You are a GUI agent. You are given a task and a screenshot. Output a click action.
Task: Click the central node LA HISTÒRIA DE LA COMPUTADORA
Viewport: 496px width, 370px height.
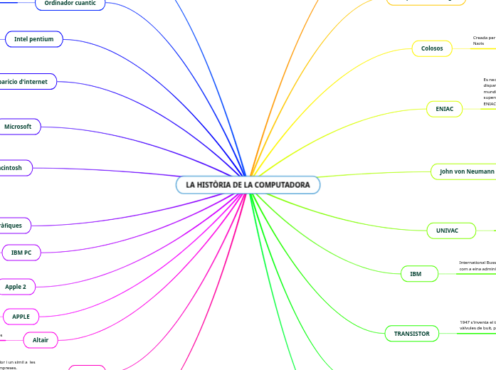pos(248,185)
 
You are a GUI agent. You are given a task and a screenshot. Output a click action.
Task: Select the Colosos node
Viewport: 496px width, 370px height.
pos(432,48)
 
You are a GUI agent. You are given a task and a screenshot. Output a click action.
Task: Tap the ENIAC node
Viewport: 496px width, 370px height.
pos(444,109)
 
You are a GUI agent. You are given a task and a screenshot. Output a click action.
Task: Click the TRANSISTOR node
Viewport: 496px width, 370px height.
pos(411,333)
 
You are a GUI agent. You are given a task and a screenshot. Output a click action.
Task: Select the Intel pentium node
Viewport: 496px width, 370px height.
pos(34,39)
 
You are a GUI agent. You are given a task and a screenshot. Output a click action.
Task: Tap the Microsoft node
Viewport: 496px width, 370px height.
pos(19,127)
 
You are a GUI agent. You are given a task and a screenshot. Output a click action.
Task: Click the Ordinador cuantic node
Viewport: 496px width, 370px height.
pos(70,4)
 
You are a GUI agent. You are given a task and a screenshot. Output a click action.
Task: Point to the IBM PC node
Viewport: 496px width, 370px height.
pos(21,252)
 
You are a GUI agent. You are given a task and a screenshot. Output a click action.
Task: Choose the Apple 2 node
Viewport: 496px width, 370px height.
pos(16,286)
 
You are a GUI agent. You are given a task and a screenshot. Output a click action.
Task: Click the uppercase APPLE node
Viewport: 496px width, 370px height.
pos(21,316)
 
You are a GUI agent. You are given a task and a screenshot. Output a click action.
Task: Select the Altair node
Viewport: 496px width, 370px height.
pos(41,340)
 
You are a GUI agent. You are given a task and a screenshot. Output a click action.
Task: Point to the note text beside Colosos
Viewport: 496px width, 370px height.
pos(484,41)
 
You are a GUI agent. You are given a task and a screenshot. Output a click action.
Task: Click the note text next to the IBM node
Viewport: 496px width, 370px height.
pos(477,266)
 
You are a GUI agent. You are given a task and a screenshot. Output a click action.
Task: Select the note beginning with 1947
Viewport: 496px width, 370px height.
pos(477,325)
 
